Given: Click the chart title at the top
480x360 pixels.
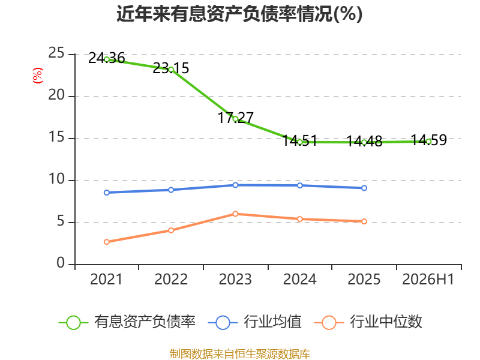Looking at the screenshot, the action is point(239,14).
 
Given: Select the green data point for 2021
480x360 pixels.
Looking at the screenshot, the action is point(107,59).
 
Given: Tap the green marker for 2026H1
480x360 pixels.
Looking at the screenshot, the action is point(428,141).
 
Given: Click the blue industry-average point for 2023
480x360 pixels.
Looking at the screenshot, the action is point(235,185).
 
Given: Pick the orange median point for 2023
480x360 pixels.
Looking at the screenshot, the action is point(235,214).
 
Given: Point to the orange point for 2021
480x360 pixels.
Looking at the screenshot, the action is point(107,242).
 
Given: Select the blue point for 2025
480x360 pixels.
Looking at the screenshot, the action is point(364,188).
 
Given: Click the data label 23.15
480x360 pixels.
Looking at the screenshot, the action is point(171,68).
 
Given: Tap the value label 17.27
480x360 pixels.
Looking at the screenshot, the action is point(235,118).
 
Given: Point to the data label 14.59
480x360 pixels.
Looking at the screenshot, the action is point(428,140).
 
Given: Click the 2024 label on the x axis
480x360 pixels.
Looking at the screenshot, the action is point(299,279).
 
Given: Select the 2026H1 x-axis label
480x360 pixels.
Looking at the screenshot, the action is point(428,279).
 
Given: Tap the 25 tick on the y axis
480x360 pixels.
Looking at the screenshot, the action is point(56,53).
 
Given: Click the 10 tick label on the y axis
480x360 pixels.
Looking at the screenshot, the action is point(56,179).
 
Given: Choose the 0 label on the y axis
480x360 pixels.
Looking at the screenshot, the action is point(61,263).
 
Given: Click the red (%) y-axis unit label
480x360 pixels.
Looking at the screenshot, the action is point(38,76).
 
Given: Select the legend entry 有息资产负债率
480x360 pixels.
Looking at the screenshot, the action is point(127,322).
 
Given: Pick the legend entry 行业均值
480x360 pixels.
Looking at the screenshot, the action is point(254,322).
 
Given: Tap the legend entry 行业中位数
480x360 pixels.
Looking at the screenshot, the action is point(368,322).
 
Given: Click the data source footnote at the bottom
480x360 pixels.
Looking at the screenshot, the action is point(240,354).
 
